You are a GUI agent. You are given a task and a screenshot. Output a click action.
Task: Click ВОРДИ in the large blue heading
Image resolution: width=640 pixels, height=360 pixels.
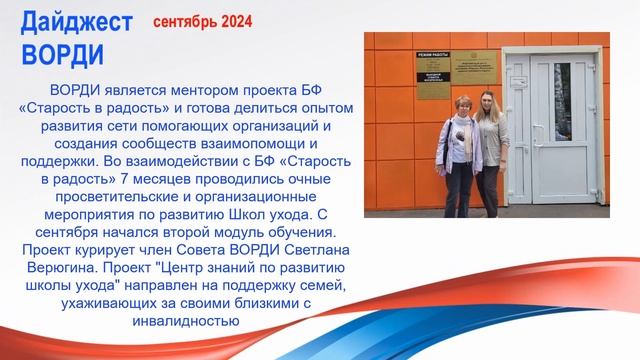[62, 52]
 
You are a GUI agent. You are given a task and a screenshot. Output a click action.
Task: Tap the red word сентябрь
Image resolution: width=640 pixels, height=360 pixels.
[187, 20]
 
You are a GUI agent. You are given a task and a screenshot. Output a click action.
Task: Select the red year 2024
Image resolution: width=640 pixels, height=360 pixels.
[236, 20]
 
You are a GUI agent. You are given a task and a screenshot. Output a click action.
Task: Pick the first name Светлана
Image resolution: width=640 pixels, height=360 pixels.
[305, 248]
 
